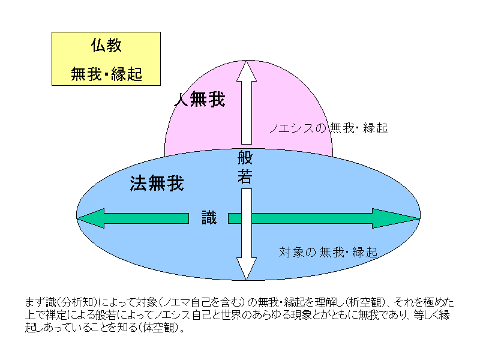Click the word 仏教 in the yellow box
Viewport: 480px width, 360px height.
pos(106,46)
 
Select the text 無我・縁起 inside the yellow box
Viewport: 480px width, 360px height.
pos(106,74)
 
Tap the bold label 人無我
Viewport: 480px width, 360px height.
pos(200,99)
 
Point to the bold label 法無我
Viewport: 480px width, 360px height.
pos(157,184)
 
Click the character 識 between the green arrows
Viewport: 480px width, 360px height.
pos(209,218)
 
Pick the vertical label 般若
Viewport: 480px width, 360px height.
pos(245,167)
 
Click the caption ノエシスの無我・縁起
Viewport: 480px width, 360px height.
pos(328,128)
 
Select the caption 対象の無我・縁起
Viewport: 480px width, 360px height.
pos(328,252)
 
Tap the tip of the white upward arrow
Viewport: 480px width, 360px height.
pos(247,61)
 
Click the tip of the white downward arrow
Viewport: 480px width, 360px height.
pos(247,280)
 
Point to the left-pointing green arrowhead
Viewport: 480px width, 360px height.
pos(91,218)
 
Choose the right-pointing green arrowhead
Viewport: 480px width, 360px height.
pos(395,218)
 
